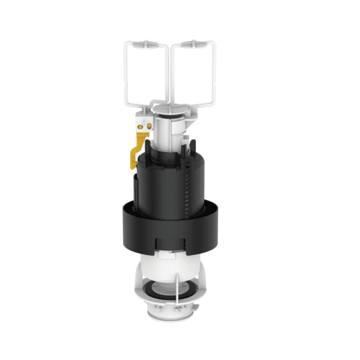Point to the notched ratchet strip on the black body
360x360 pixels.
click(x=189, y=184)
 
